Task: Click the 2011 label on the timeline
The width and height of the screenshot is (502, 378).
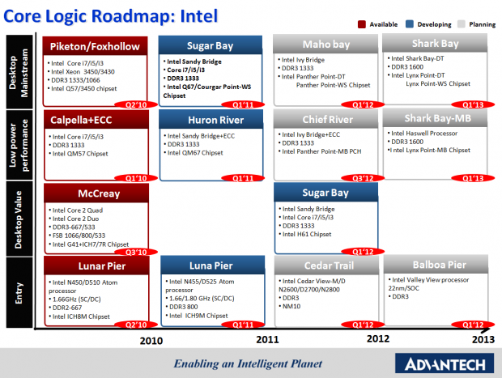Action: point(268,341)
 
